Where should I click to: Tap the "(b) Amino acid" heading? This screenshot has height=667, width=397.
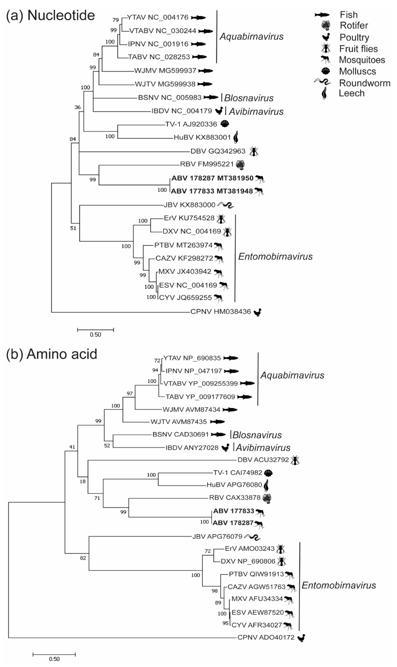[52, 354]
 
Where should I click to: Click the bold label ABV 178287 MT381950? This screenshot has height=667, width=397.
[212, 178]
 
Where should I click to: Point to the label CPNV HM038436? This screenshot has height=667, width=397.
[220, 312]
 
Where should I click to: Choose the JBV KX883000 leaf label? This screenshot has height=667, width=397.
[189, 205]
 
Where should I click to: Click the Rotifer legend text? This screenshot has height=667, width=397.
[354, 26]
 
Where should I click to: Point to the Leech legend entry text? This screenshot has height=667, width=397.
[352, 93]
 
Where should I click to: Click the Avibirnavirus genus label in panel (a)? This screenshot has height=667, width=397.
[256, 111]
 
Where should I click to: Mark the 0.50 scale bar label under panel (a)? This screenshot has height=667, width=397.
[95, 335]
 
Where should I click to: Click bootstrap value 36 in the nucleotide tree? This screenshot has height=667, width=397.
[77, 107]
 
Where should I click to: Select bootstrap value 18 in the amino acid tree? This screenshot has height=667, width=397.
[83, 481]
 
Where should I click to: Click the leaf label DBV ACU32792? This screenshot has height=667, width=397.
[263, 460]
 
